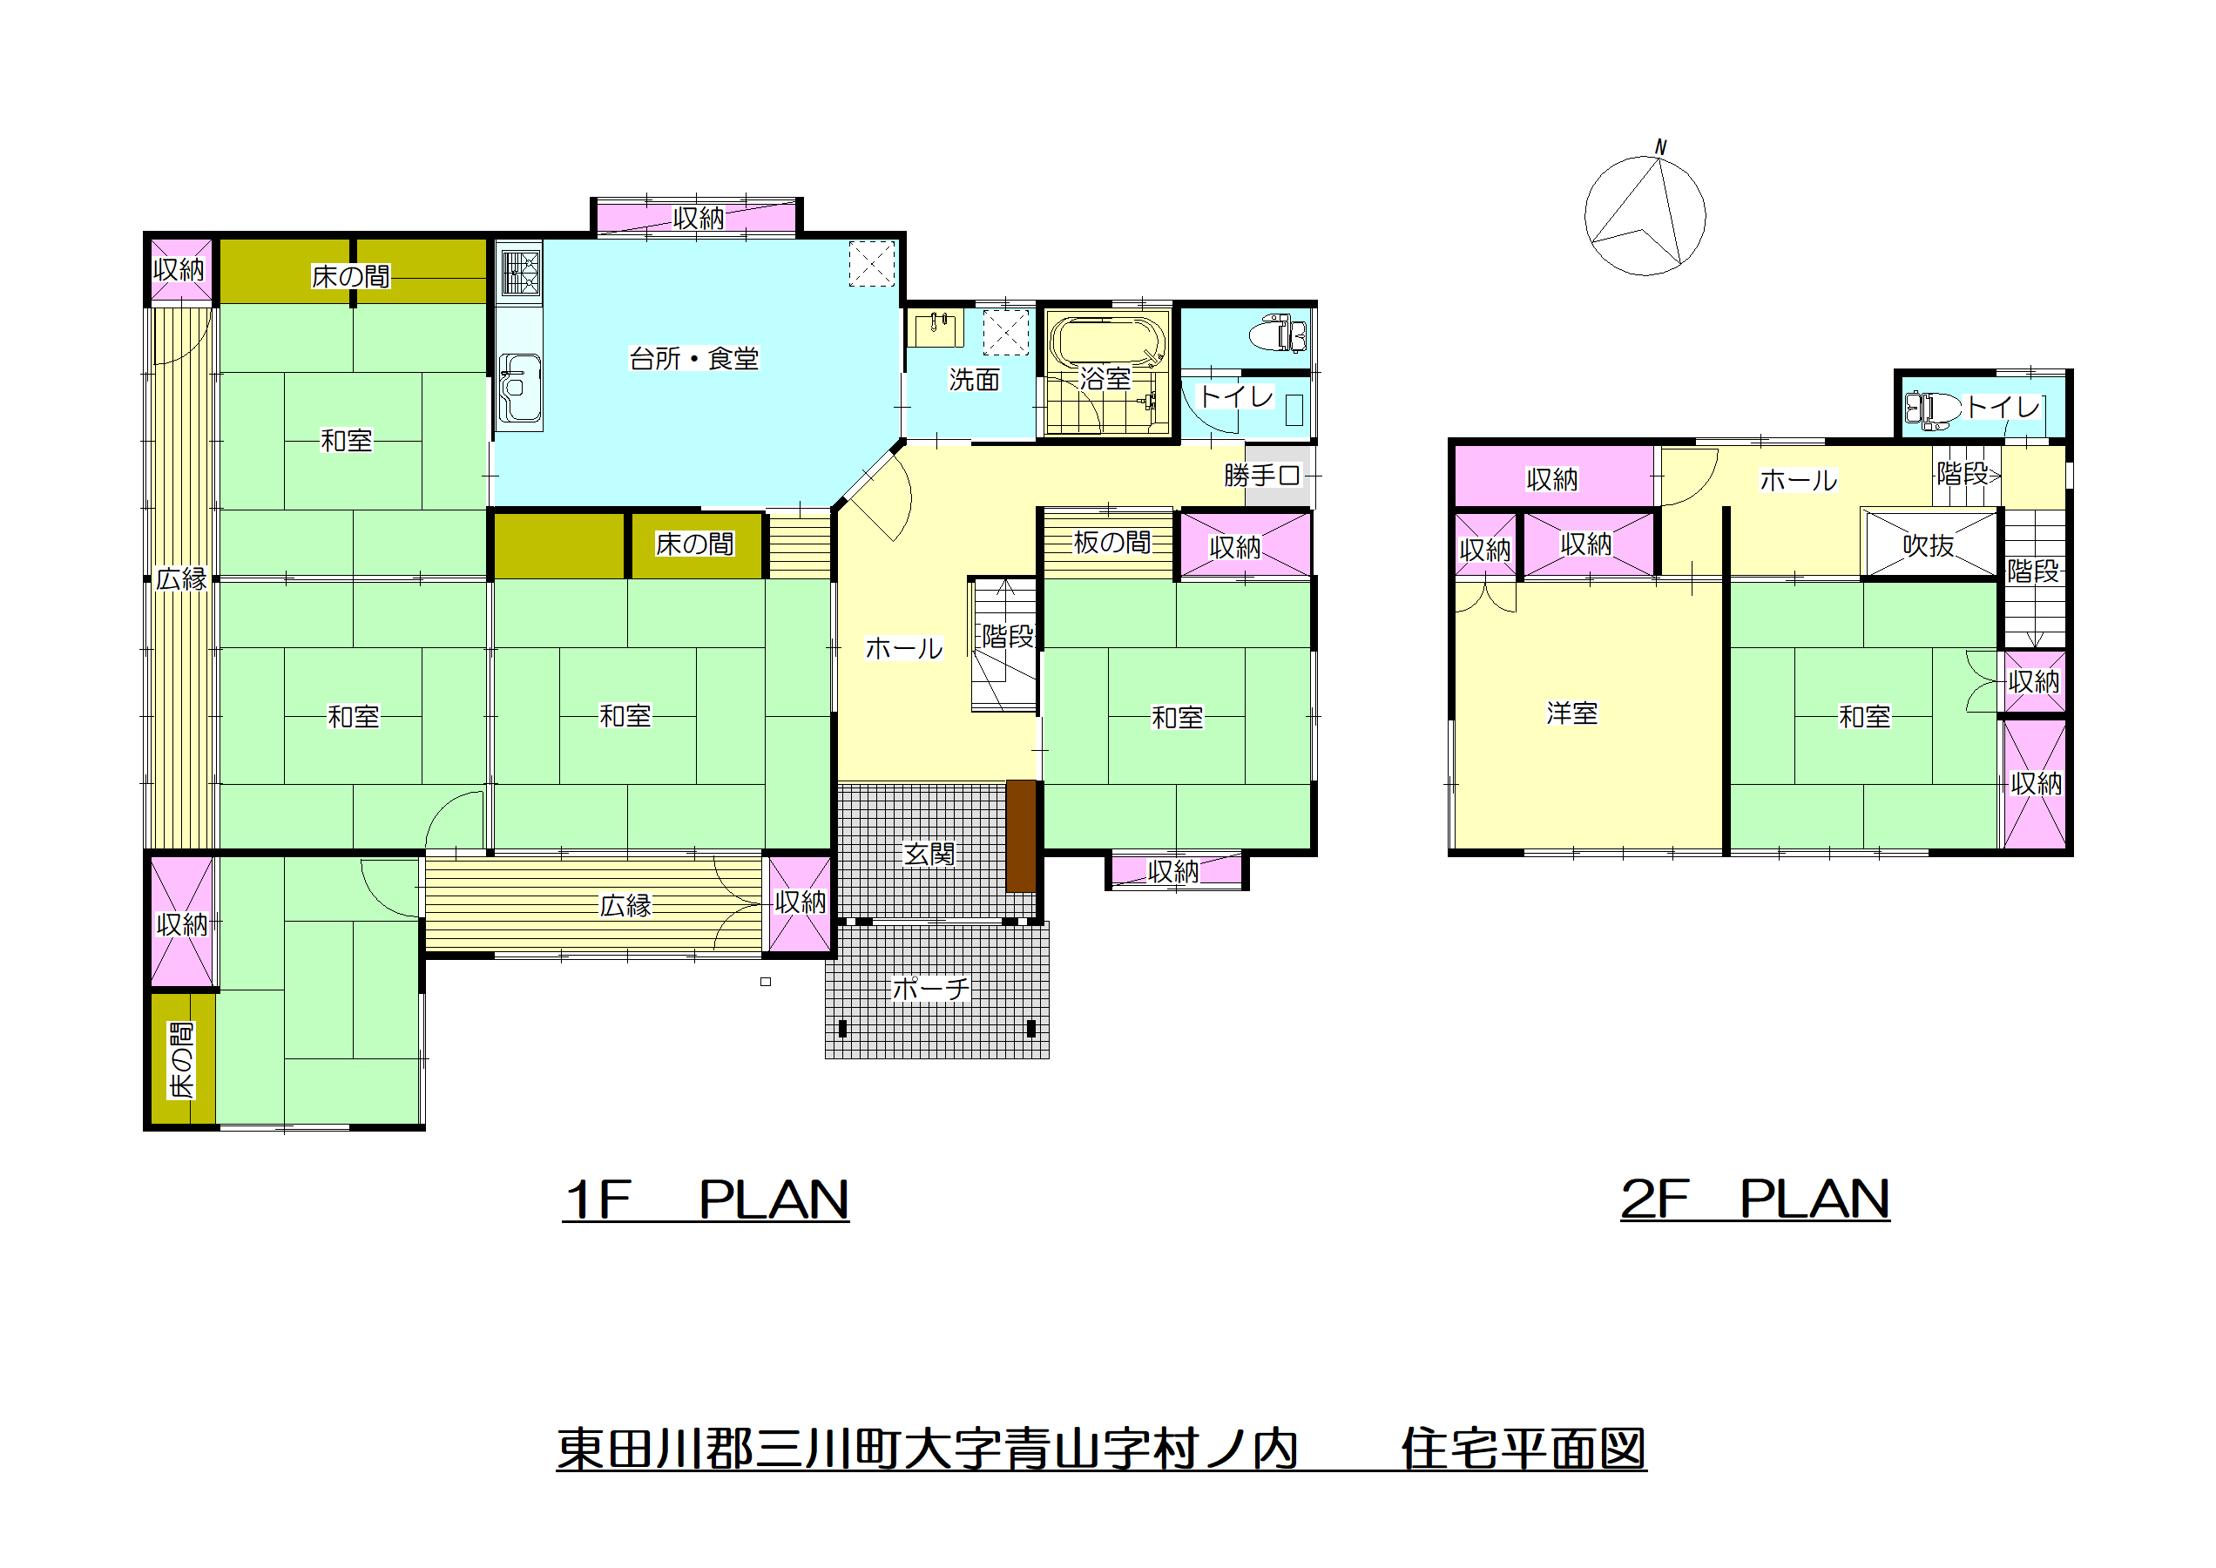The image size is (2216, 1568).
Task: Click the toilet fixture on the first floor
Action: click(x=1278, y=334)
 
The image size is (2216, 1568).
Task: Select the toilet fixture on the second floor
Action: click(x=1932, y=409)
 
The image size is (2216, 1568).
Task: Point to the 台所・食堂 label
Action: click(x=693, y=359)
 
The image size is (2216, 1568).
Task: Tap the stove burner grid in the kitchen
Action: click(x=520, y=273)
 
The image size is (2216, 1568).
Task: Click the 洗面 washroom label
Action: click(x=973, y=380)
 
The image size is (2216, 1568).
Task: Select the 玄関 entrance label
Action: click(x=929, y=854)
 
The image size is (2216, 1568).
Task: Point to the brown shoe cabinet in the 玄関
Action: click(x=1021, y=836)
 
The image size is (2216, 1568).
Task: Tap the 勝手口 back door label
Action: click(x=1262, y=475)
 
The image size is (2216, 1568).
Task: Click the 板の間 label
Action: click(x=1112, y=543)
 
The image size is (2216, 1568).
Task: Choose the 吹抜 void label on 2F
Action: click(x=1929, y=545)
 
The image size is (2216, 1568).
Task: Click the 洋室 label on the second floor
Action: click(x=1572, y=713)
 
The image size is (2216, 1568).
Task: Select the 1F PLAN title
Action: click(x=706, y=1200)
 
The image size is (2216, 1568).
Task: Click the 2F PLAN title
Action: click(x=1755, y=1200)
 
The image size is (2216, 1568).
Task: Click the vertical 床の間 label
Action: click(x=181, y=1060)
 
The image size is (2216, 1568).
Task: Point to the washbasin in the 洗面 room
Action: click(x=934, y=328)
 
